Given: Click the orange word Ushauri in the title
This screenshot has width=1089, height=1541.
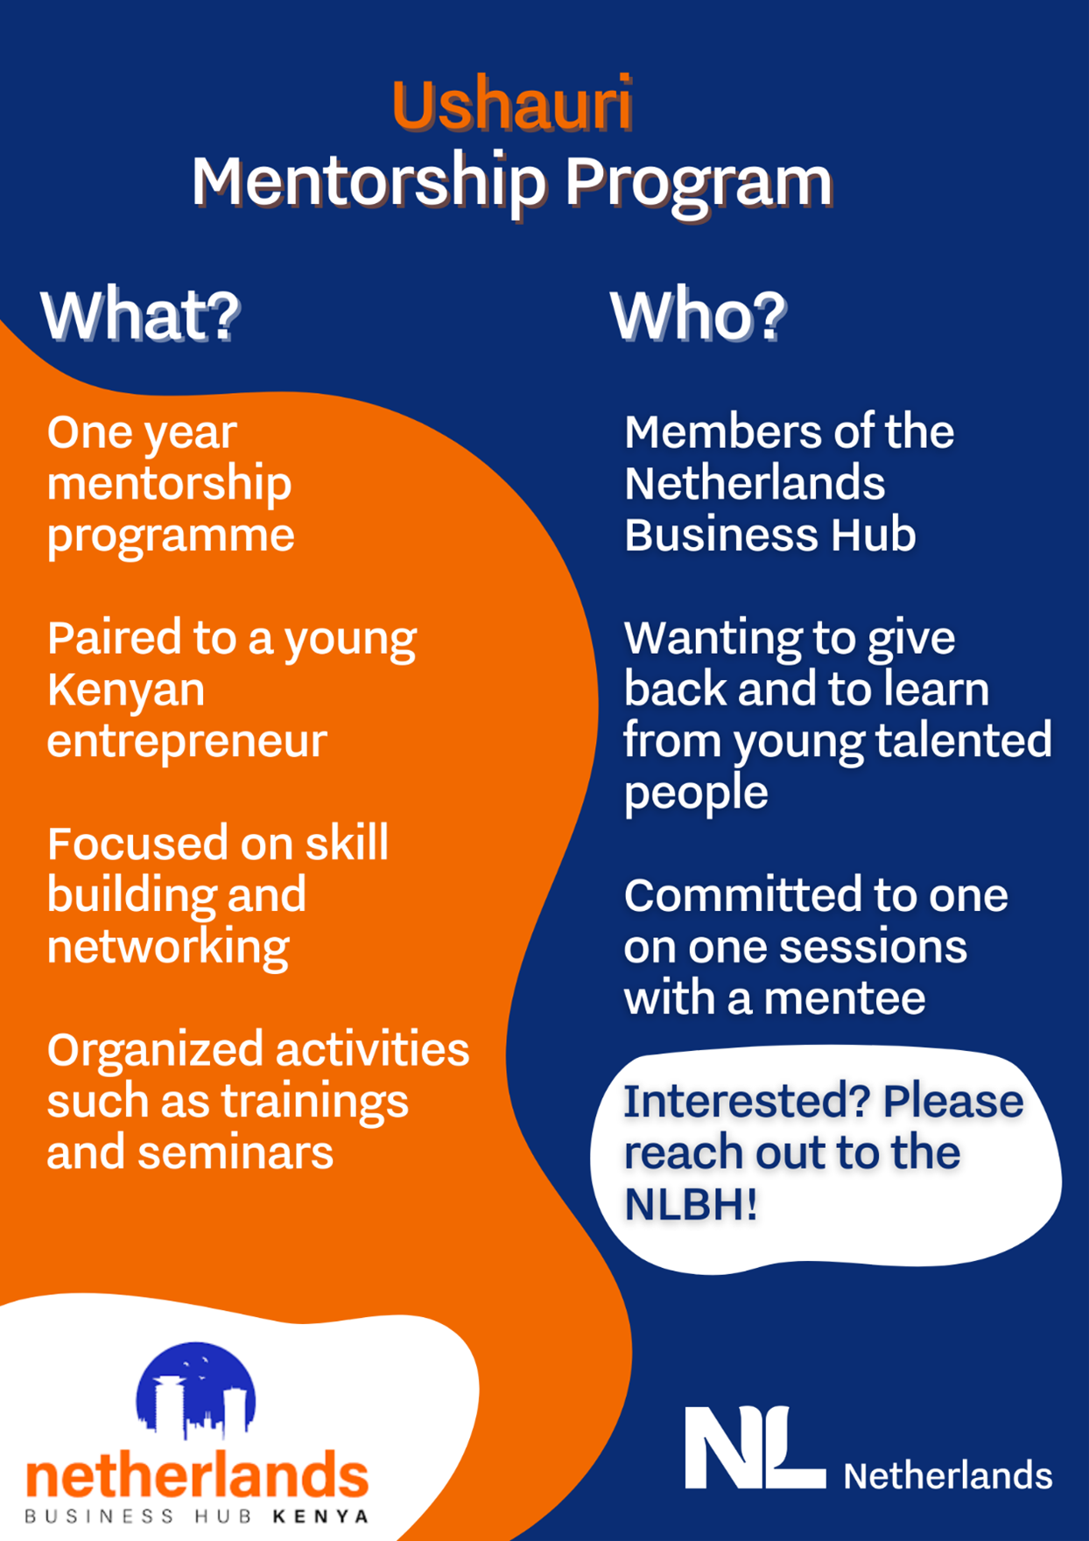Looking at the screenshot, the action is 512,104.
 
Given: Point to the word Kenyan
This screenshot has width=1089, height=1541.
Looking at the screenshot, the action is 126,690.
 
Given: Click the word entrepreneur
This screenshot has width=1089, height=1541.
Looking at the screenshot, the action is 186,740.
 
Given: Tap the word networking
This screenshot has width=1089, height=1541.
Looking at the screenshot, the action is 168,948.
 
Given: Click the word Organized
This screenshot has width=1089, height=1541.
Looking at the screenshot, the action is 160,1051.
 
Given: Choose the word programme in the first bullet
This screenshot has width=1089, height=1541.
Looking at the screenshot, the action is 171,536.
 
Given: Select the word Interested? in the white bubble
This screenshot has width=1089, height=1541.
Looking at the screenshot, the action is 747,1101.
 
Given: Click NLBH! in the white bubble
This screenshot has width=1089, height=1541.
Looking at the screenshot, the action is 691,1204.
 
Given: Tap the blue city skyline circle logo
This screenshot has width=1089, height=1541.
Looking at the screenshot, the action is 195,1390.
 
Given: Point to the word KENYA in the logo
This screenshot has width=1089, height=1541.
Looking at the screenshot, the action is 320,1516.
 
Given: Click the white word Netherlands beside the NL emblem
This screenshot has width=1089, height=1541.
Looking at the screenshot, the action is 947,1475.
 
